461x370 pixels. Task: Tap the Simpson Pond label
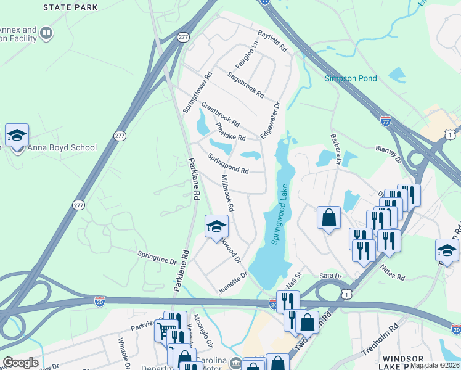351,78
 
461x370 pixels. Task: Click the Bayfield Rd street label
272,40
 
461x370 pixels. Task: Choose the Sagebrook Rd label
245,85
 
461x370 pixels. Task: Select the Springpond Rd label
228,163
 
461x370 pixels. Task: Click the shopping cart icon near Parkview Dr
164,330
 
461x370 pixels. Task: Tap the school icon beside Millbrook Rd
216,226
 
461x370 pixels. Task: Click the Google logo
20,363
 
